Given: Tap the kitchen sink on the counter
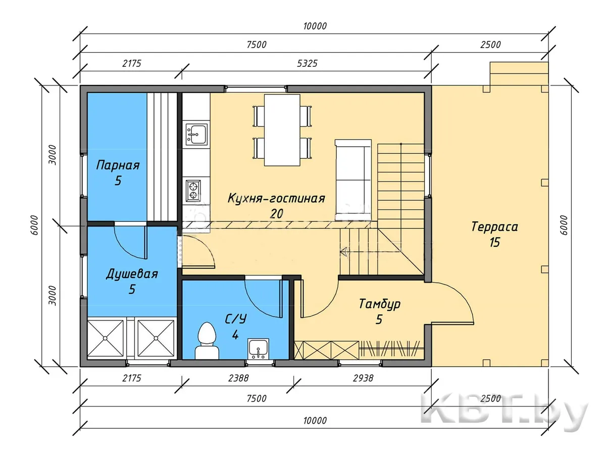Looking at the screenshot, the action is (x=196, y=134).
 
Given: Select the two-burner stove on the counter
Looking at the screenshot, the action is (x=193, y=191).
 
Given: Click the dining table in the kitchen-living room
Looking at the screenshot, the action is (x=282, y=130).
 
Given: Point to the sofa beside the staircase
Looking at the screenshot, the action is (x=353, y=179).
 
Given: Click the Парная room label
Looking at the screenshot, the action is (x=118, y=165).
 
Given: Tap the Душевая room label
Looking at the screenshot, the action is (x=132, y=274).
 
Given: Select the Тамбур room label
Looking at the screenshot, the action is (x=380, y=304).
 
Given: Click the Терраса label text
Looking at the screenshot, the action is (x=494, y=226).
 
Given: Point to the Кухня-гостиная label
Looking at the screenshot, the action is (x=276, y=198).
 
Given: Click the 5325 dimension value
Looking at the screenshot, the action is (x=307, y=64).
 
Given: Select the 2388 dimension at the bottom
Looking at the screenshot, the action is (x=238, y=378).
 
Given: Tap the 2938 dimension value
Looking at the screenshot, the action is (x=363, y=378).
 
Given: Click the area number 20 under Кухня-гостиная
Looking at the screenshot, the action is (x=277, y=213).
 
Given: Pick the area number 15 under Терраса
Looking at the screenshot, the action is (x=495, y=242).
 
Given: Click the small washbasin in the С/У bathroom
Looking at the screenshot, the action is (x=258, y=349).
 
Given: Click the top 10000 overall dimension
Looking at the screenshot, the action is (x=315, y=26).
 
